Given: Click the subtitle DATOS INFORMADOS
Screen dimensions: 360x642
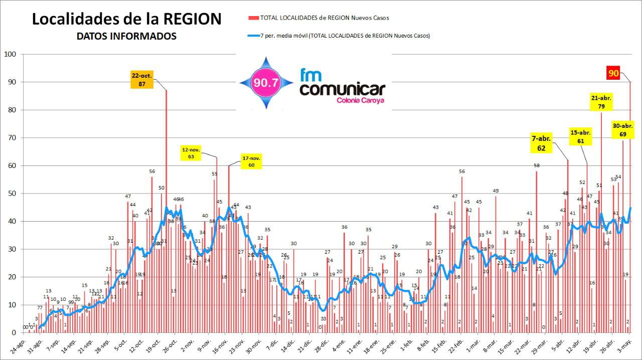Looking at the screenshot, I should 126,36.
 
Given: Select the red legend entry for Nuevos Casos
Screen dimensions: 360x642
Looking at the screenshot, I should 318,18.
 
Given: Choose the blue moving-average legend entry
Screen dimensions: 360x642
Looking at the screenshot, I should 339,36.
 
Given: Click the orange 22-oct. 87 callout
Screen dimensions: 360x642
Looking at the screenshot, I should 142,80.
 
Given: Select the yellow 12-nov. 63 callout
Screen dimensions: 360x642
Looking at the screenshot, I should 191,153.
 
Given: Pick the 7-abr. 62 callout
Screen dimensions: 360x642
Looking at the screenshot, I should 541,143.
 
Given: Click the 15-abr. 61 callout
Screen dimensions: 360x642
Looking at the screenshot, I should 581,136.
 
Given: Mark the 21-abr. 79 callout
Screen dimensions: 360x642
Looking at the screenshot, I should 601,102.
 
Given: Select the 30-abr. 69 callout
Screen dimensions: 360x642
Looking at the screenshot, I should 623,129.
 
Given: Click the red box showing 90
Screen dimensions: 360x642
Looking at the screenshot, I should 613,73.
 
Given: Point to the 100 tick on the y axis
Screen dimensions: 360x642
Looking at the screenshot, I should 10,54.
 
